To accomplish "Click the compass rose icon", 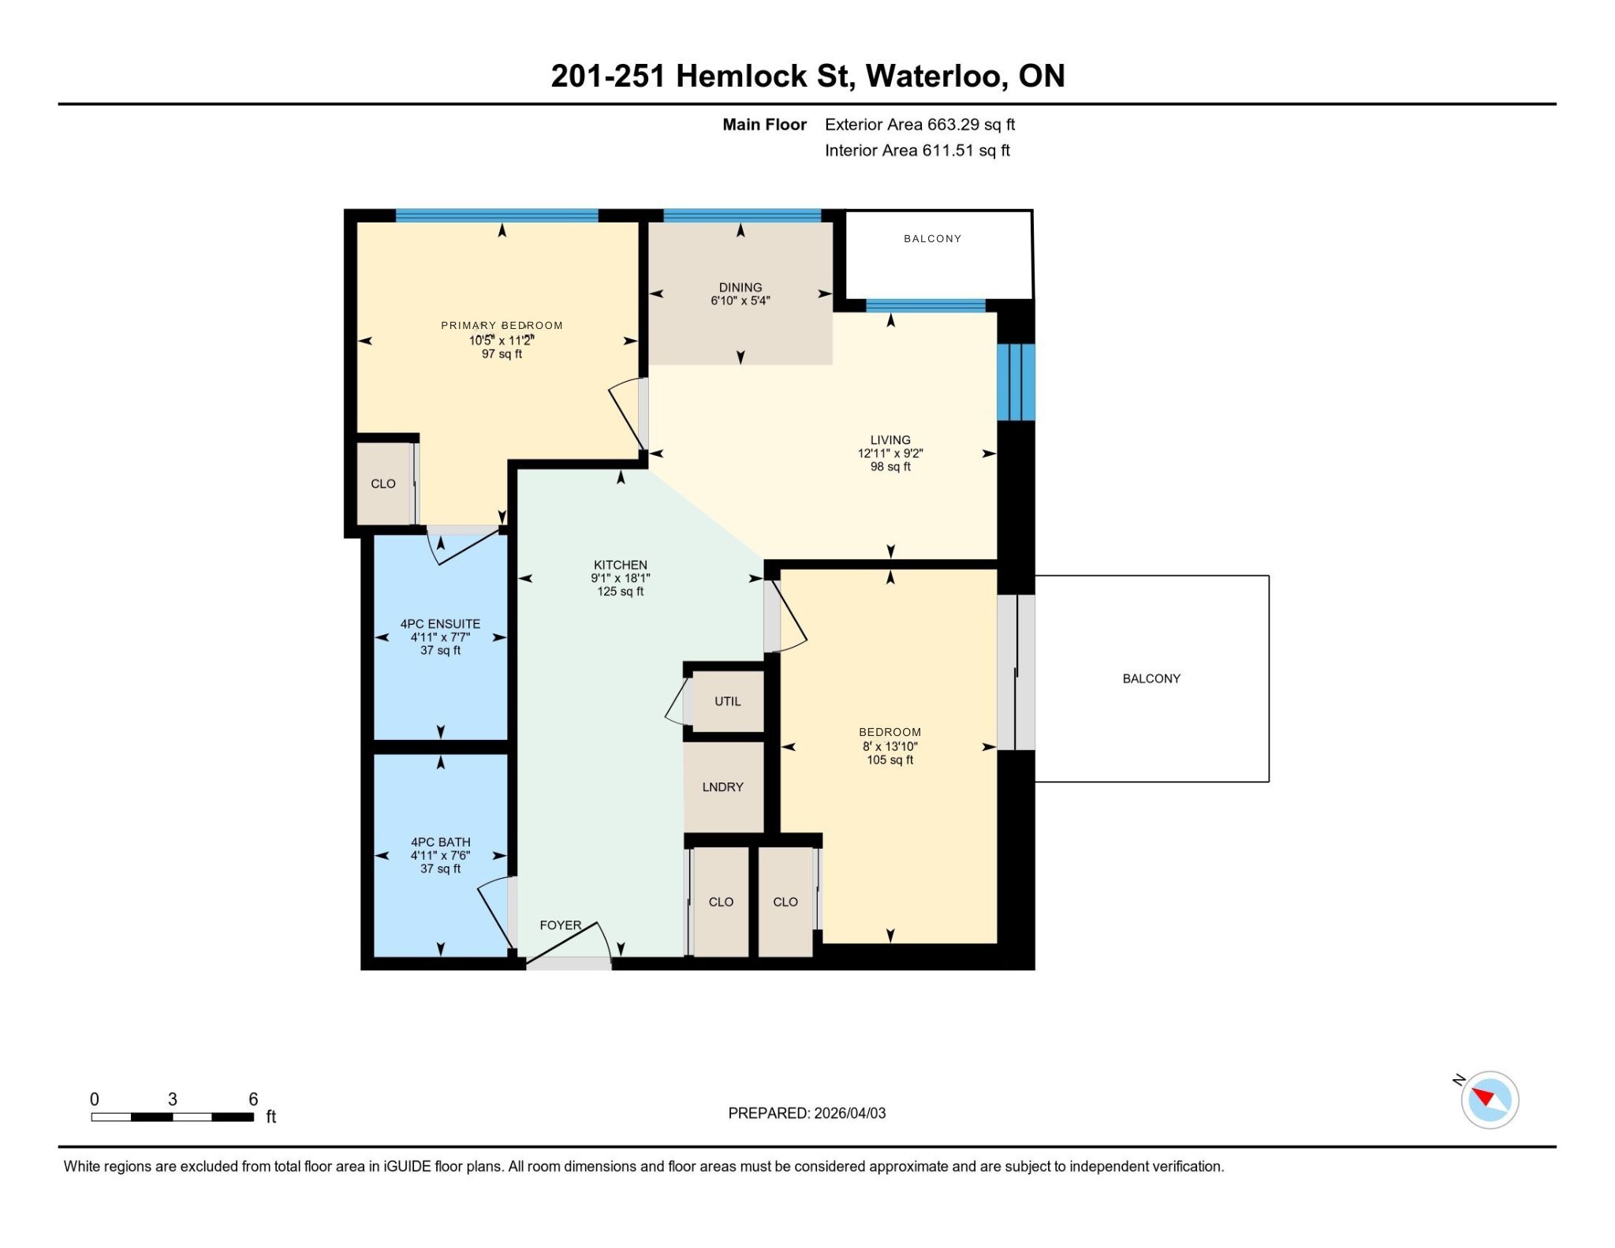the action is point(1490,1099).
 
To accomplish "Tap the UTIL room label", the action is point(727,701).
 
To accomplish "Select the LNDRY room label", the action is point(722,787).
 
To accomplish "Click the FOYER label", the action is point(560,925).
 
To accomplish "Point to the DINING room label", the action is point(740,287).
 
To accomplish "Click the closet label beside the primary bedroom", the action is point(383,484).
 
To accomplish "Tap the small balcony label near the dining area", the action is point(932,238).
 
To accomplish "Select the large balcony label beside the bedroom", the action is point(1151,678).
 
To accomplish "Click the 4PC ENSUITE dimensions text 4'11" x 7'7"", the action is point(440,637).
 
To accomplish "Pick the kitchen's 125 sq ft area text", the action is point(620,592).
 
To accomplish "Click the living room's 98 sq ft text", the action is point(890,467).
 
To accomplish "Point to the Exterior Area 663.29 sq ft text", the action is point(919,125).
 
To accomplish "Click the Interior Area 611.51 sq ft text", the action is point(917,151).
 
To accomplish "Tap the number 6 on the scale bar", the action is point(253,1099).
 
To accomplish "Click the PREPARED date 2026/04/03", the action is point(850,1113).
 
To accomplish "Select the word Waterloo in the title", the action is point(936,76).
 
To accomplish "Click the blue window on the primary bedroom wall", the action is point(497,215).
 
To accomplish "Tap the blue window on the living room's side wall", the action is point(1016,382).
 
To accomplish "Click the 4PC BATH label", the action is point(440,843).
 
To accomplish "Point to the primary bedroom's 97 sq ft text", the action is point(502,354).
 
